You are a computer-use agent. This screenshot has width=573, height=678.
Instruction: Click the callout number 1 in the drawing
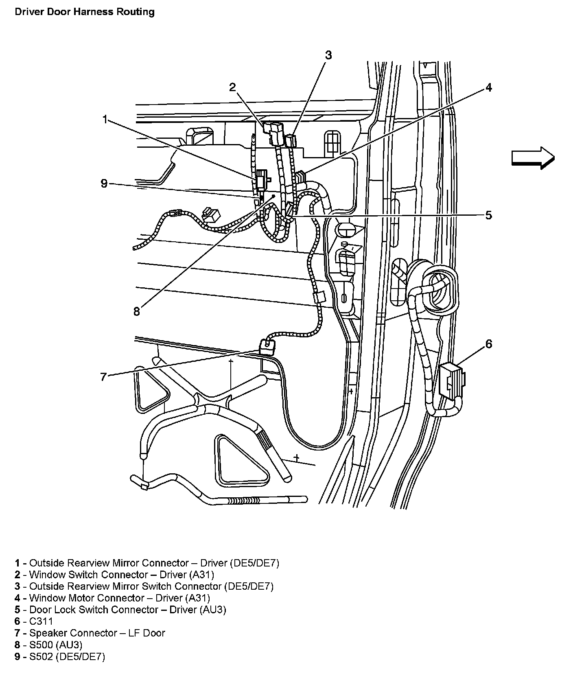click(105, 120)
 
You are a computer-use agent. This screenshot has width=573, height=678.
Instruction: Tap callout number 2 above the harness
click(232, 87)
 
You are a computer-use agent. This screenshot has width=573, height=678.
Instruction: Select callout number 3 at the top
click(328, 55)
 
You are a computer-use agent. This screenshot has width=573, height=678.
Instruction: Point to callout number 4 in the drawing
click(488, 87)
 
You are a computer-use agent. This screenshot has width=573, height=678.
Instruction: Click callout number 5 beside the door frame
click(488, 215)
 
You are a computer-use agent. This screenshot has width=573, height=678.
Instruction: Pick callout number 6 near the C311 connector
click(488, 344)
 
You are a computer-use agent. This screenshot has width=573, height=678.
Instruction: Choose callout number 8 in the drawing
click(137, 312)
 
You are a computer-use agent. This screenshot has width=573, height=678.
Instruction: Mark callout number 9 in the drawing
click(104, 184)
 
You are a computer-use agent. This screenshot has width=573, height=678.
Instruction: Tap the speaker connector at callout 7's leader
click(267, 346)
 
